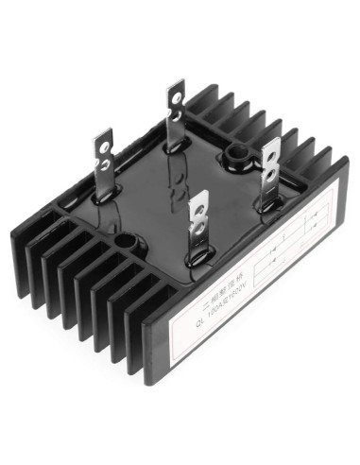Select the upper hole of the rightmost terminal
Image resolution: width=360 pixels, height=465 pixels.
(x=271, y=151)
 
